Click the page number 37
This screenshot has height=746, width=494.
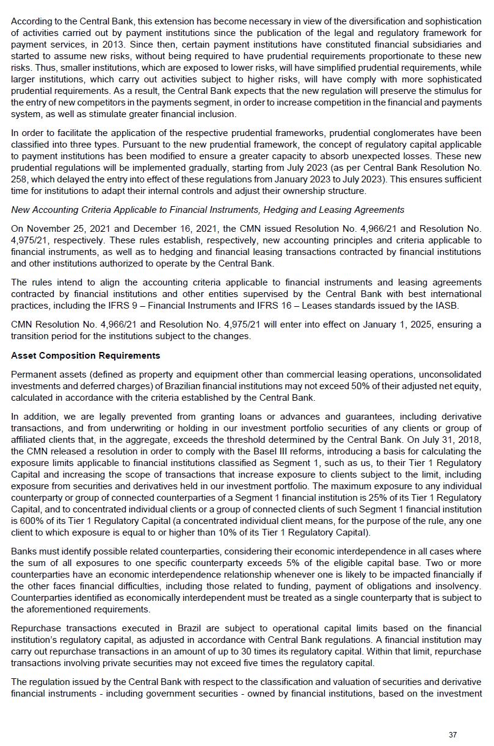pos(452,734)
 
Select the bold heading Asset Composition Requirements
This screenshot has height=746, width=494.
pos(85,356)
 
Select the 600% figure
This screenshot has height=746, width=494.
pos(26,522)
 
